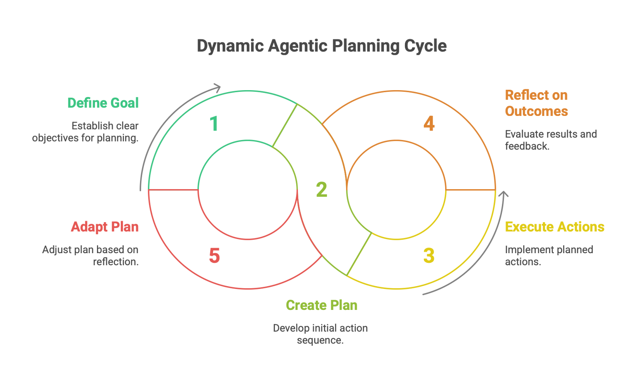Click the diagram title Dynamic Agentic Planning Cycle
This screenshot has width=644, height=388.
point(321,46)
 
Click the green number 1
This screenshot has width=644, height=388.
point(214,124)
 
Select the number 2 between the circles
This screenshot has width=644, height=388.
point(322,190)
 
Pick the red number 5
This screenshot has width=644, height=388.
point(215,256)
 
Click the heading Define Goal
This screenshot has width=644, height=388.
point(103,103)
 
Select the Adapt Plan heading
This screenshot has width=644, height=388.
point(105,227)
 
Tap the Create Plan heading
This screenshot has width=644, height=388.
point(322,305)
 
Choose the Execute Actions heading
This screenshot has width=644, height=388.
point(554,227)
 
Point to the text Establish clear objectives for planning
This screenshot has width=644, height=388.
point(85,132)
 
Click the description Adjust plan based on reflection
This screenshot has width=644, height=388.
point(91,256)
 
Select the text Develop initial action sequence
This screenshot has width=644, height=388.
point(320,334)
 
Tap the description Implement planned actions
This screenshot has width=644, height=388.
point(549,256)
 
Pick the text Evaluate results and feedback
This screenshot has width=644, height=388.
point(550,140)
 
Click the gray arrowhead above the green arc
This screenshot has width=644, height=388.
point(217,87)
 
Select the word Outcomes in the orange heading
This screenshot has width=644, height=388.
point(536,111)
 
